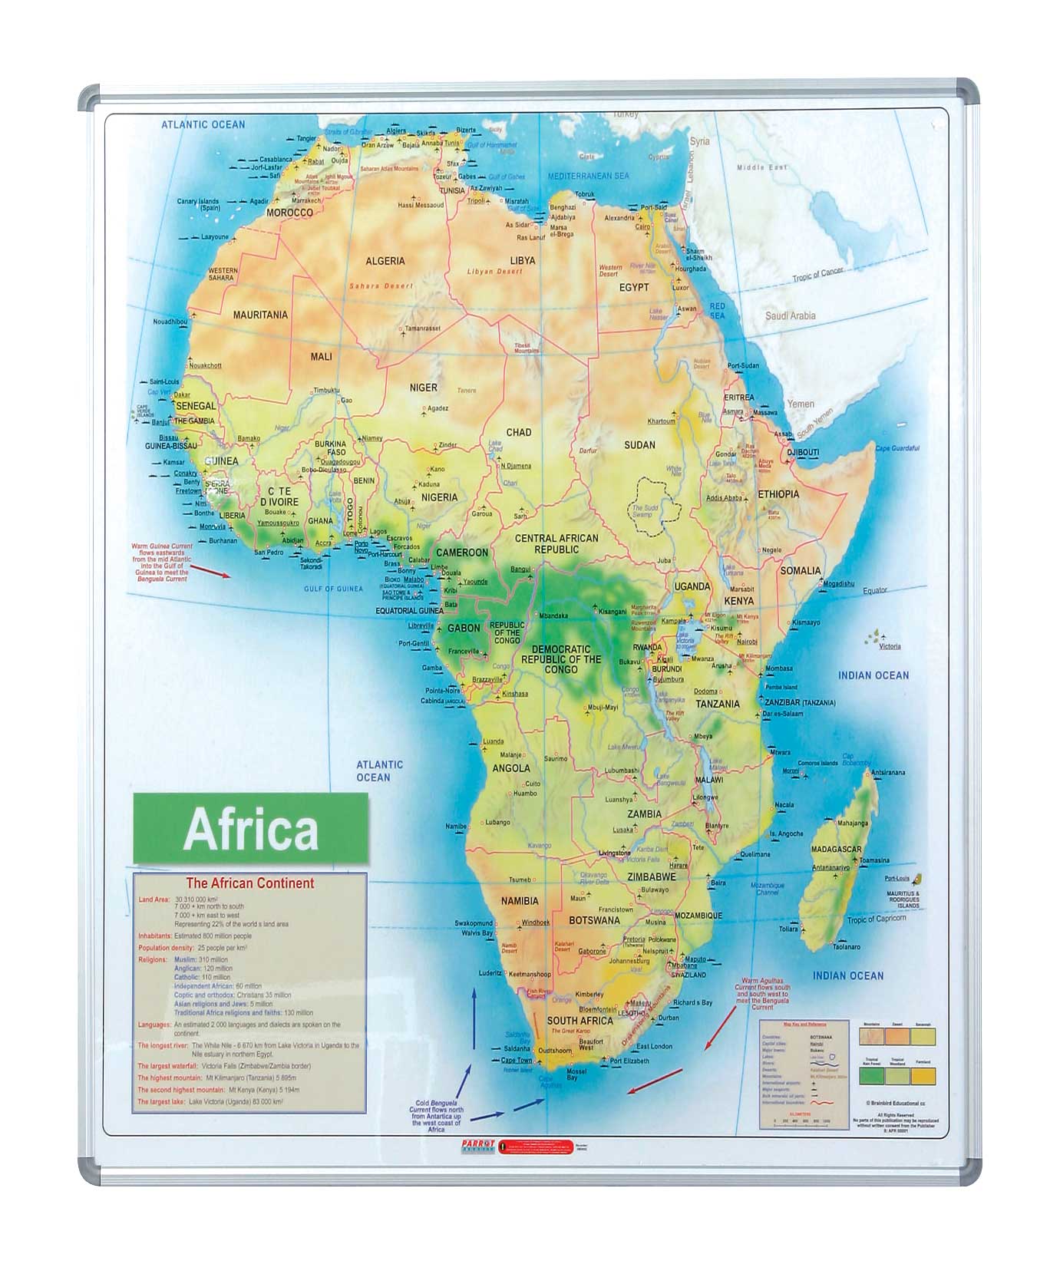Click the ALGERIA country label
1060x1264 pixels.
385,261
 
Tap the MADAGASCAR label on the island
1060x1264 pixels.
836,850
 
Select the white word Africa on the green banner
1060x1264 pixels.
251,829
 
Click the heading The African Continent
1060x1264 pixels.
250,883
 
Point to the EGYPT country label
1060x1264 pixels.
634,288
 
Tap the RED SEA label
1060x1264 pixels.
717,311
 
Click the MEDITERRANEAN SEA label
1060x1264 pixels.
588,177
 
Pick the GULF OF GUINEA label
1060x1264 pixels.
333,589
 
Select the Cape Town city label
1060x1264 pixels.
517,1060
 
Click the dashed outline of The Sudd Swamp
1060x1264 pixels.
653,482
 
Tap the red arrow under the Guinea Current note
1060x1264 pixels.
210,571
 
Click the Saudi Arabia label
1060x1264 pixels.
790,315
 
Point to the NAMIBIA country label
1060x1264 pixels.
520,901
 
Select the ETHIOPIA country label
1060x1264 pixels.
778,494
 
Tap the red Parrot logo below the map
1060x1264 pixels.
475,1144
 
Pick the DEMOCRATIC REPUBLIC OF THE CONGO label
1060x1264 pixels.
561,658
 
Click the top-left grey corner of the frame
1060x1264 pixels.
88,96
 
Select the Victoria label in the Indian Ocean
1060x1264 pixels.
890,646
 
